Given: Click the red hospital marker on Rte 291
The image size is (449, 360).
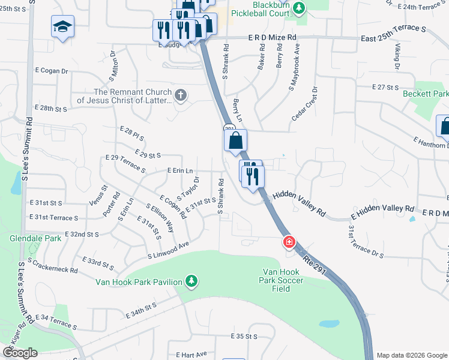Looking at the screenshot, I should (x=289, y=242).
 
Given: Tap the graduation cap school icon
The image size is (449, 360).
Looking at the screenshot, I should (x=62, y=27).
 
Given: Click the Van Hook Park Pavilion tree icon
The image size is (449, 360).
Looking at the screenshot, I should (x=191, y=280).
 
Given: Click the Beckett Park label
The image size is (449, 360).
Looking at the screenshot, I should (x=426, y=94).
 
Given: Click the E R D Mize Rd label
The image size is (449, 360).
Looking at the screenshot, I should (x=273, y=37).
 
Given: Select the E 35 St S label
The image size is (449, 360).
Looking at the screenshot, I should (x=244, y=337).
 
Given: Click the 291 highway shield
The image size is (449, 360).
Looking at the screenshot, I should (x=229, y=129).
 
